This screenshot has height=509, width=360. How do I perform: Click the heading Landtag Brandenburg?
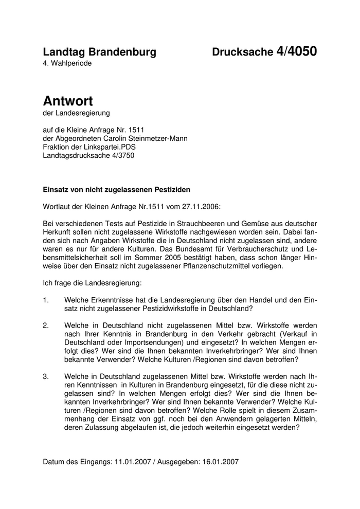coord(100,52)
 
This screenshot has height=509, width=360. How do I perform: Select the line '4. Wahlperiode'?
coord(67,63)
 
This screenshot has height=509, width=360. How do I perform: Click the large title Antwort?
coord(68,101)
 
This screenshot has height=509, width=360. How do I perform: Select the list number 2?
coord(46,325)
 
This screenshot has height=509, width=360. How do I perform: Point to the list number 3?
coord(46,376)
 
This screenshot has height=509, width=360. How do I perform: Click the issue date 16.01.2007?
coord(221,461)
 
